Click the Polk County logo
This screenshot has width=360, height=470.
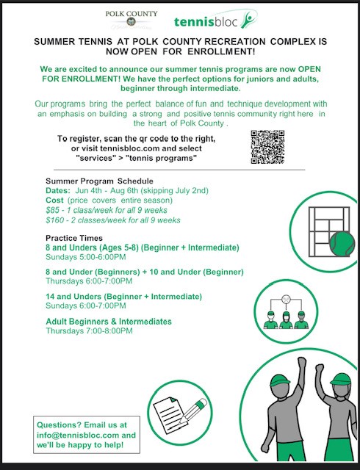pyautogui.click(x=132, y=20)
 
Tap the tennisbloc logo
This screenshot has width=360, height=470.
pyautogui.click(x=216, y=19)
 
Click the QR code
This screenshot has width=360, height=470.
pyautogui.click(x=267, y=147)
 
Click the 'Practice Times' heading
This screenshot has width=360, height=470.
pyautogui.click(x=74, y=238)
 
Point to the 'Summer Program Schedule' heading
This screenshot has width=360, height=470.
pyautogui.click(x=99, y=181)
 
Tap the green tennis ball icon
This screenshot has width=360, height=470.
pyautogui.click(x=342, y=243)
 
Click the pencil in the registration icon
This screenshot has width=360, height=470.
pyautogui.click(x=193, y=411)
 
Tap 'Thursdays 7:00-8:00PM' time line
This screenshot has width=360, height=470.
pyautogui.click(x=89, y=331)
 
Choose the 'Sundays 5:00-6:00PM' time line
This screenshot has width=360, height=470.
pyautogui.click(x=86, y=257)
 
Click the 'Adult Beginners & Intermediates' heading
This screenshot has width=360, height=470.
pyautogui.click(x=109, y=322)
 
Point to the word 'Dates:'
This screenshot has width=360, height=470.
pyautogui.click(x=58, y=191)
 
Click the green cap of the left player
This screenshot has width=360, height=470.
pyautogui.click(x=281, y=380)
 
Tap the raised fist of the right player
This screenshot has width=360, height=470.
pyautogui.click(x=320, y=367)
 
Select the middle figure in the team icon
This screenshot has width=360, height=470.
pyautogui.click(x=286, y=320)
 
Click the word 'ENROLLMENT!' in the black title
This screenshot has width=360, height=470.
pyautogui.click(x=221, y=51)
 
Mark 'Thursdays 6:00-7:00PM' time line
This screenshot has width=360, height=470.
pyautogui.click(x=89, y=281)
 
